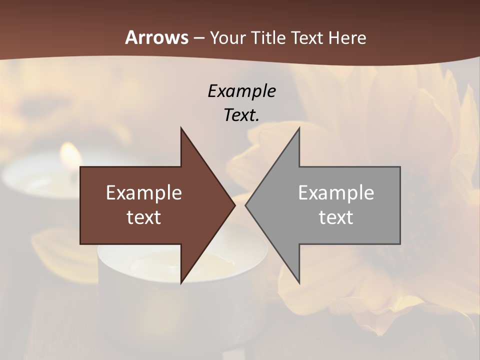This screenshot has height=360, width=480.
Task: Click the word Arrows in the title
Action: (156, 37)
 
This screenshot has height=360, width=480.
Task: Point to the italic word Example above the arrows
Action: (241, 91)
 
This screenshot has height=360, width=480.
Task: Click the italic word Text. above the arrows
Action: (241, 115)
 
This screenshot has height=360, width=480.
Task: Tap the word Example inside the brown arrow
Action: (144, 192)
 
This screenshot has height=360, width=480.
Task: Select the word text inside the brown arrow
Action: (144, 217)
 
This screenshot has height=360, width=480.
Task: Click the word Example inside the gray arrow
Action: (336, 192)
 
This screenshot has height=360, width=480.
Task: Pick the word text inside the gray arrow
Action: (336, 217)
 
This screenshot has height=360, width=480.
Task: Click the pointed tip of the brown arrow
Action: (234, 205)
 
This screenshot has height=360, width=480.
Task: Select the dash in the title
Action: (198, 38)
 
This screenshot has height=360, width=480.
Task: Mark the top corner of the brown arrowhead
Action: (181, 128)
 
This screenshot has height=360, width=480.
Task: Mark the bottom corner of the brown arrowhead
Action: (181, 282)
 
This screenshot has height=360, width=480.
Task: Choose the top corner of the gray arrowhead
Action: (299, 128)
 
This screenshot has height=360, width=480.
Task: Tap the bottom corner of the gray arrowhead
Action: (299, 282)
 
